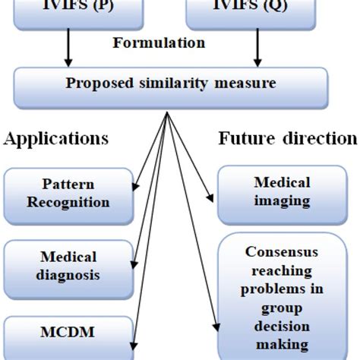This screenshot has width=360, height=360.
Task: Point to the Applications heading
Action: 56,139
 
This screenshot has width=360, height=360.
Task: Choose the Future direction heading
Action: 288,139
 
